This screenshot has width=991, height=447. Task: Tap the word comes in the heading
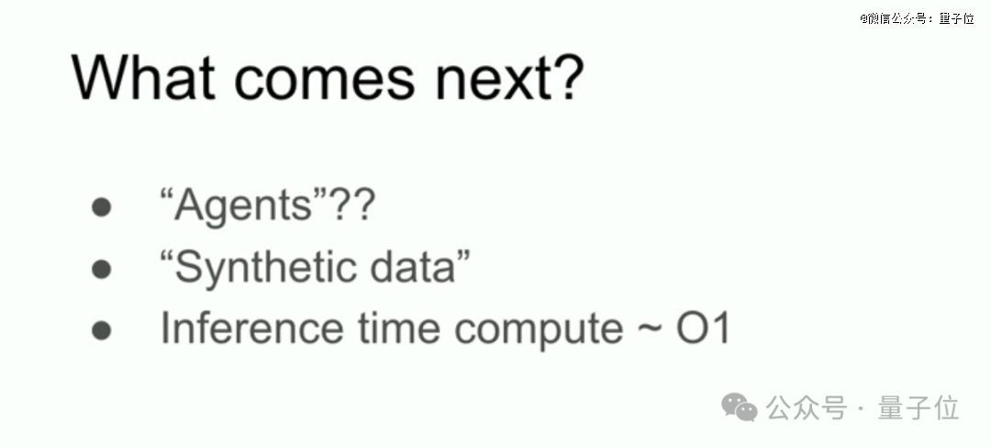tap(325, 83)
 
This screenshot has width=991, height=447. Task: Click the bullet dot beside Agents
tap(101, 207)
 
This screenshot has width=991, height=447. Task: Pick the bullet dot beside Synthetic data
tap(101, 269)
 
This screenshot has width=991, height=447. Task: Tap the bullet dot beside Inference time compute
tap(101, 330)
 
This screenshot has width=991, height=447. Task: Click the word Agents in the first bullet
tap(243, 207)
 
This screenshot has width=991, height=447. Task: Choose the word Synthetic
tap(265, 268)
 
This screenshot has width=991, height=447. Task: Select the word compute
tap(539, 330)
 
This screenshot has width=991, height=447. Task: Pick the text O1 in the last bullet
tap(704, 328)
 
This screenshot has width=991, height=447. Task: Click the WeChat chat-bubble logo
tap(740, 407)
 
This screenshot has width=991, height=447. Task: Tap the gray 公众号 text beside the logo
tap(806, 408)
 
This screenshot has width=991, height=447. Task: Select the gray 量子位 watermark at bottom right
tap(919, 408)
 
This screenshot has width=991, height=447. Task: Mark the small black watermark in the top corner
tap(917, 18)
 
